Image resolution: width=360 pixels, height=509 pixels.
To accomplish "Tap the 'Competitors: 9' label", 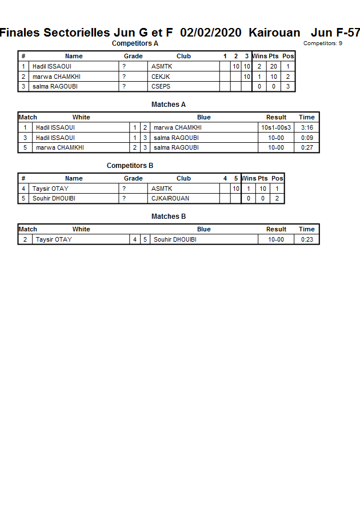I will [323, 43].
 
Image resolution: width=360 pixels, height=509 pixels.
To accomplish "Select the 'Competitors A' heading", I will [135, 43].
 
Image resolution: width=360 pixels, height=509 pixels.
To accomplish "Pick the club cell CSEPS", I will [161, 87].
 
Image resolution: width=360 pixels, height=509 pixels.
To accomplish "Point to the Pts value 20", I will [274, 66].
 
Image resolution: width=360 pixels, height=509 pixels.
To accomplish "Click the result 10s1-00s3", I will [276, 127].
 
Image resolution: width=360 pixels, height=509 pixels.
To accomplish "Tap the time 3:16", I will [307, 127].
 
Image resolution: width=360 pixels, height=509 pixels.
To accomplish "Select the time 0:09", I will [307, 138].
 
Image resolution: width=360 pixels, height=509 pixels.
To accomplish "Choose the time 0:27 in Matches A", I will [307, 148].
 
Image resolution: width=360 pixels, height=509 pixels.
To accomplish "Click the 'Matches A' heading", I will [169, 105].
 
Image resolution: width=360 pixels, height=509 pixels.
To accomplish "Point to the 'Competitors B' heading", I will [130, 166].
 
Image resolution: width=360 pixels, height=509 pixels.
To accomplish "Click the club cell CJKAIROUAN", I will [170, 199].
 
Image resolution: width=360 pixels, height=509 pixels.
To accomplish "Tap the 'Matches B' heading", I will [169, 217].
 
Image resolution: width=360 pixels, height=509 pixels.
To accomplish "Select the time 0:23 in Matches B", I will [307, 239].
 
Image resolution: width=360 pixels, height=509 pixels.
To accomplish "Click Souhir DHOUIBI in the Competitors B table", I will [54, 199].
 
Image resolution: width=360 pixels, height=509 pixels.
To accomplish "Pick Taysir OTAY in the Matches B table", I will [54, 239].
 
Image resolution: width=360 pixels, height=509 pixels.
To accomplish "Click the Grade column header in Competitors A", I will [133, 56].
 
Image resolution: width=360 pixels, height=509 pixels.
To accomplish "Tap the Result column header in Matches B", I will [276, 229].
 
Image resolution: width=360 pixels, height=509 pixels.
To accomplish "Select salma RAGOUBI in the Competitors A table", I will [55, 87].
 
